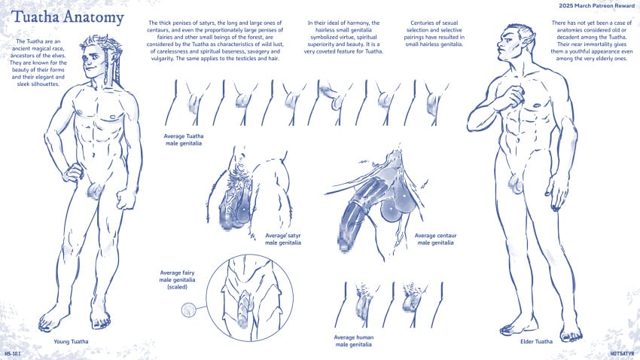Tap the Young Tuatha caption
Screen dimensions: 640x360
[x=71, y=342]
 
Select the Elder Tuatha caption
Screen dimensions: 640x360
[x=536, y=342]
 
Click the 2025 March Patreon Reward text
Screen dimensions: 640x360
[x=597, y=6]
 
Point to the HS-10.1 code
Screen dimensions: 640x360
[x=13, y=353]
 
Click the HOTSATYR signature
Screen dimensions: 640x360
[x=623, y=353]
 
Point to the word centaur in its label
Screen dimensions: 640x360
[x=446, y=236]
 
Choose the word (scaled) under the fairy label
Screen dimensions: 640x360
[x=177, y=287]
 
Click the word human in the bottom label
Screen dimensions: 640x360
[x=364, y=337]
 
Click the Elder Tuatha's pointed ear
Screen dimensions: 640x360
[x=530, y=37]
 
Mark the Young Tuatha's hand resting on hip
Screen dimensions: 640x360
[x=72, y=173]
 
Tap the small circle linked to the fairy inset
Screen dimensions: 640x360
[x=188, y=310]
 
